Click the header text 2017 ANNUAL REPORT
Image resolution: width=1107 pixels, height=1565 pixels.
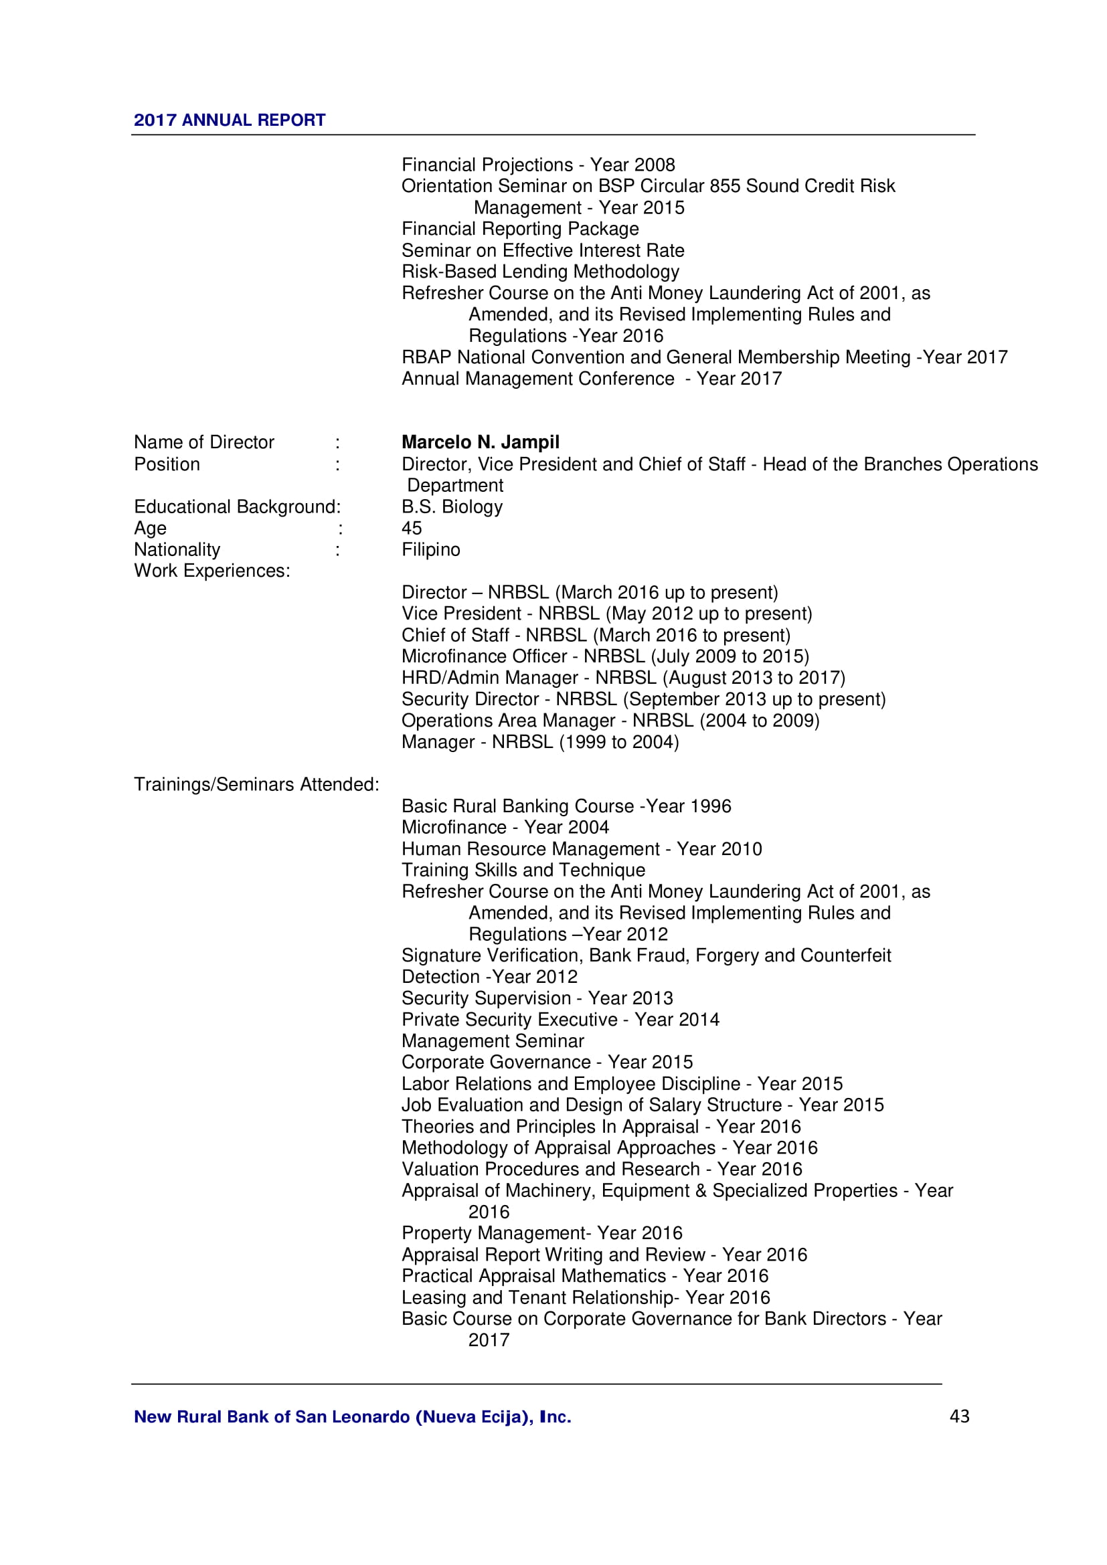pos(229,120)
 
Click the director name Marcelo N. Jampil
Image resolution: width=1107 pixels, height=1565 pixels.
pos(480,442)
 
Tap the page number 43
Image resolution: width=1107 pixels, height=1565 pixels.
pos(959,1416)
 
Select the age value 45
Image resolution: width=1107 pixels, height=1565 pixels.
pos(412,529)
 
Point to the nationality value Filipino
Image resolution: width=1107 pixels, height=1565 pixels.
pos(430,549)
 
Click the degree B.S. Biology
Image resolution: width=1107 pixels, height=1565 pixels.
pos(451,507)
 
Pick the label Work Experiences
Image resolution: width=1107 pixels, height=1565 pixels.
pos(211,571)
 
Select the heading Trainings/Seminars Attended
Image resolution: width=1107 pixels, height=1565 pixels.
pos(256,785)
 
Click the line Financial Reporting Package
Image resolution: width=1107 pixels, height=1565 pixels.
pos(519,229)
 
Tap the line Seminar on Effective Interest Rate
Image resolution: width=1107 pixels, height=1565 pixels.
pos(543,250)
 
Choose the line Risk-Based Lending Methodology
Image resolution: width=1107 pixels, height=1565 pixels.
pos(540,271)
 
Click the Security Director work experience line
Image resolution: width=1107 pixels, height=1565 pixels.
pos(643,699)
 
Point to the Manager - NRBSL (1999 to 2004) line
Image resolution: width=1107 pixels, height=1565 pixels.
pos(540,741)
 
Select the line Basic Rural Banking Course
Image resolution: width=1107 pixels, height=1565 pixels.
pos(566,806)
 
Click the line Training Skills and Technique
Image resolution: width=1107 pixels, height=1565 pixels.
pos(523,870)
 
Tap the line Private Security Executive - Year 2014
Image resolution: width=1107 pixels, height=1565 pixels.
pos(560,1020)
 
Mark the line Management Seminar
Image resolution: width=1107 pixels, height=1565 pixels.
pos(492,1041)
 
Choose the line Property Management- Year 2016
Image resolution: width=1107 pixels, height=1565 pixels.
pos(541,1233)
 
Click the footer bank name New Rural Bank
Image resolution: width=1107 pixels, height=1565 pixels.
pos(352,1417)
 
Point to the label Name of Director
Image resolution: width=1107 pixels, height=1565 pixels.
pos(204,442)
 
